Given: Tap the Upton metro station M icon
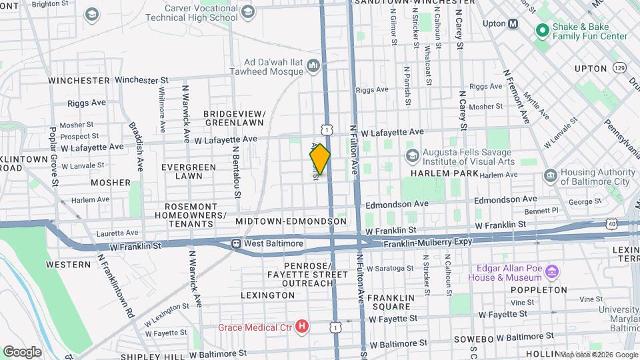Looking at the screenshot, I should (x=513, y=23).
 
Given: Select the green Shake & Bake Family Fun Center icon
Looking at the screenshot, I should (x=541, y=30).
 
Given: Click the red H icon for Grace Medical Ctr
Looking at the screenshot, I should (x=302, y=327).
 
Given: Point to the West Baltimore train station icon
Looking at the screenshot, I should (x=236, y=243).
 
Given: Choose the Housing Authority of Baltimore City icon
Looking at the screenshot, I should (x=550, y=175).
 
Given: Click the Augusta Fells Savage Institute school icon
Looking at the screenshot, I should (x=412, y=155).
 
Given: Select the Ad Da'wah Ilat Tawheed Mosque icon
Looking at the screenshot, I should (x=314, y=65).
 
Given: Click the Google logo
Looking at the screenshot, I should (x=22, y=351).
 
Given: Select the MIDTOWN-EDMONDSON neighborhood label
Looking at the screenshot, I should (x=291, y=221).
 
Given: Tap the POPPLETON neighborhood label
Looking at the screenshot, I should (x=539, y=290).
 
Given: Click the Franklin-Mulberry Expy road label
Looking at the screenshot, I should (x=427, y=245).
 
